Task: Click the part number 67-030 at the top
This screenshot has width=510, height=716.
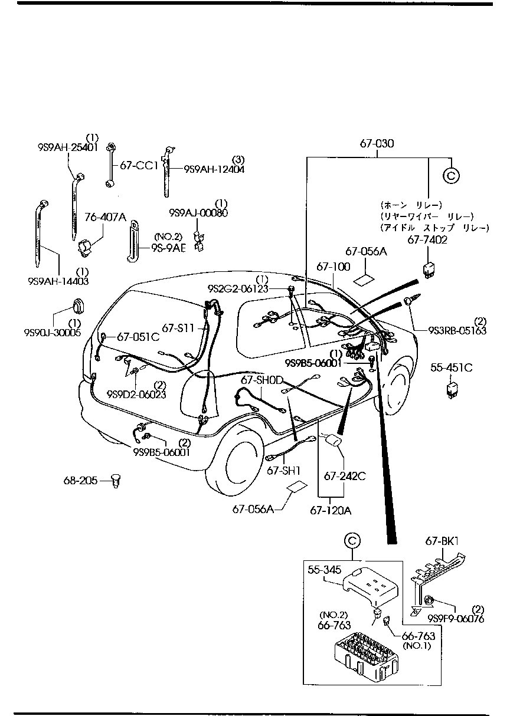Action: [x=377, y=143]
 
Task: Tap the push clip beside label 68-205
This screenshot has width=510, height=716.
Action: [x=116, y=481]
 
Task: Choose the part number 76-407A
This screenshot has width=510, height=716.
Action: [x=105, y=217]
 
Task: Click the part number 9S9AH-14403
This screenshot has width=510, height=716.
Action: [x=57, y=281]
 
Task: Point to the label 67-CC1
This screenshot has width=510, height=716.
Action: [x=139, y=166]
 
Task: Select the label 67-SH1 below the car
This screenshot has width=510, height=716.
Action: [x=283, y=470]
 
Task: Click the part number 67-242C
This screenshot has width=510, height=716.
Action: [x=344, y=475]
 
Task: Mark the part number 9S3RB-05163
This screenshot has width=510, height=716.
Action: [x=457, y=331]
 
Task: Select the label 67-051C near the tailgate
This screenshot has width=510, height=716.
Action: [x=138, y=337]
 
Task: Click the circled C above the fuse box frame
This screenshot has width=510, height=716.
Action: [x=351, y=540]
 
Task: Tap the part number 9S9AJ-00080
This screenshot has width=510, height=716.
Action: [x=198, y=212]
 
